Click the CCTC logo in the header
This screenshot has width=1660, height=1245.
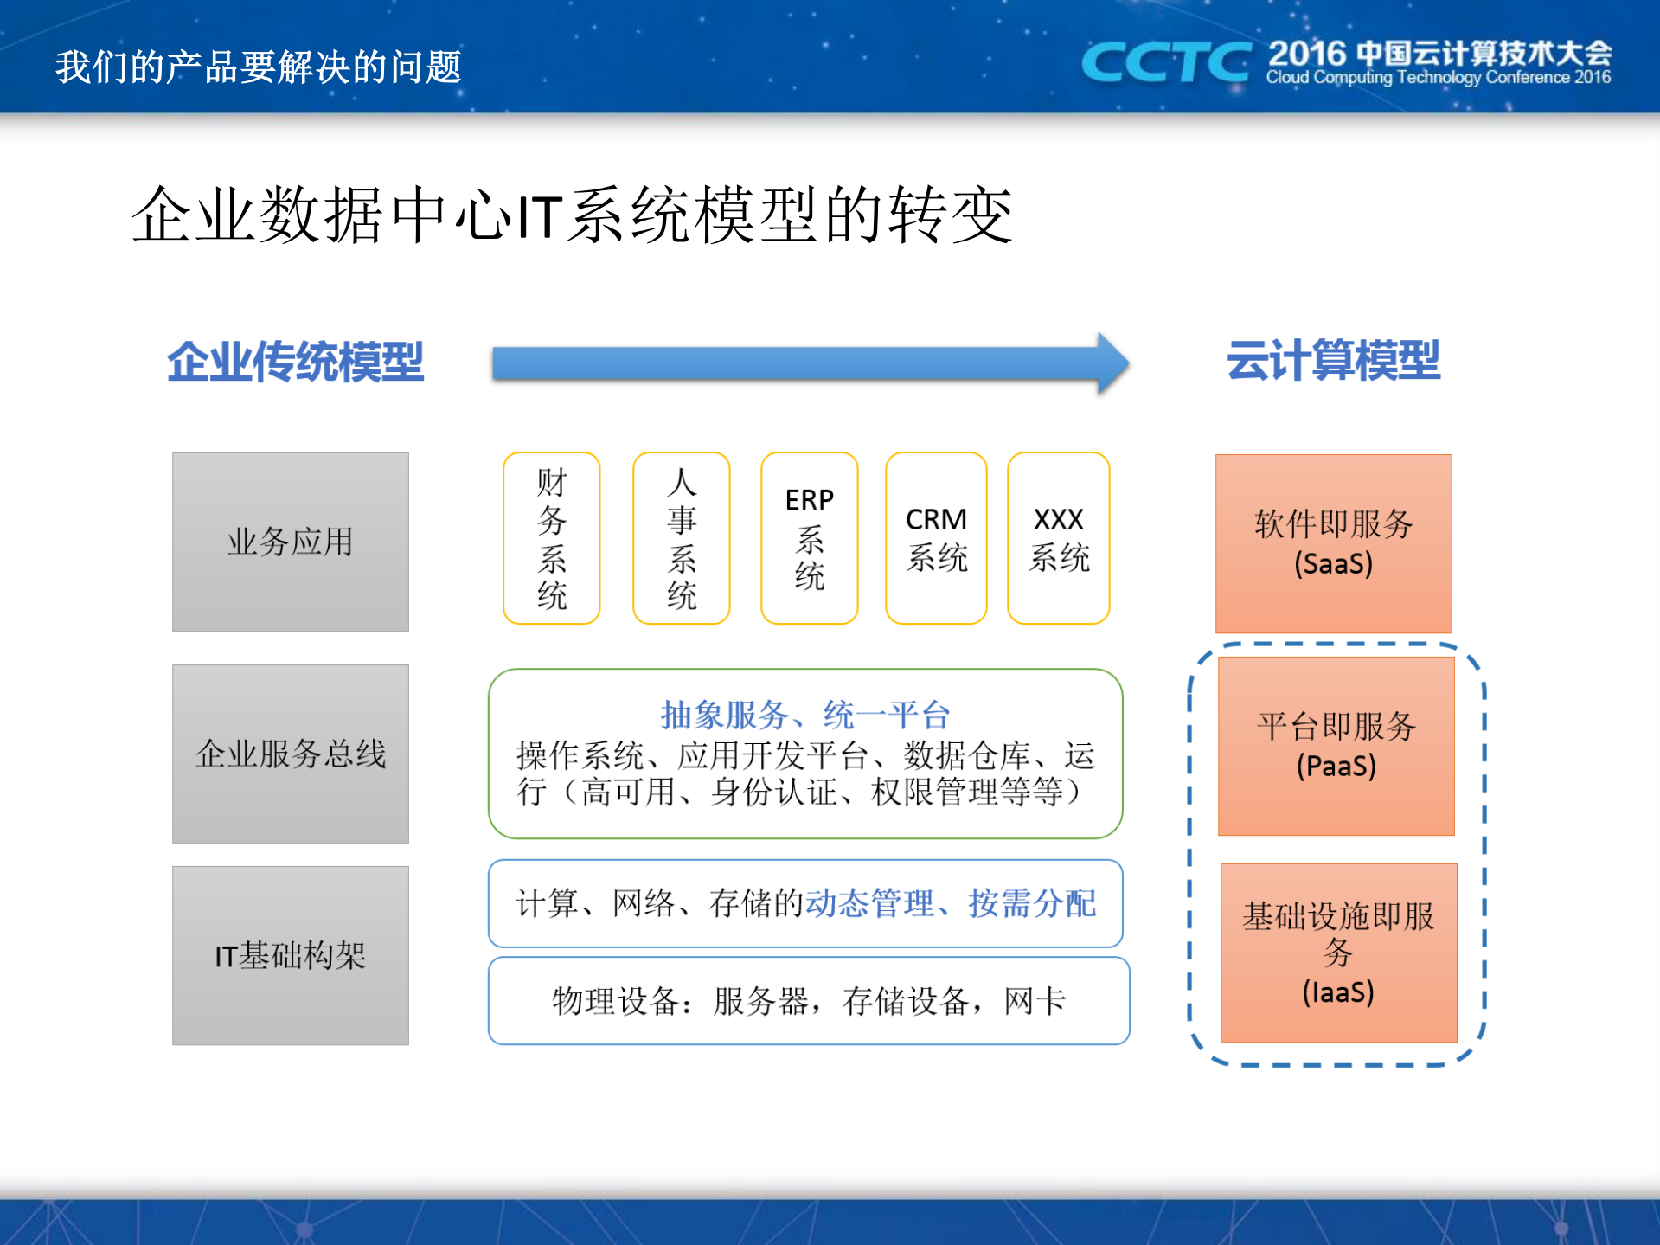coord(1165,62)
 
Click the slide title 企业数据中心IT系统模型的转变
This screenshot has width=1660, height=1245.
coord(571,215)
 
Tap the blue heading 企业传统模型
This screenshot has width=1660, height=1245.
coord(295,362)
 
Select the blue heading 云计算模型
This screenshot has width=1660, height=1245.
coord(1333,360)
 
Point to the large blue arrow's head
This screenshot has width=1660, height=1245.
coord(1112,363)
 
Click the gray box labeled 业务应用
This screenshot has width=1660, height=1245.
coord(291,542)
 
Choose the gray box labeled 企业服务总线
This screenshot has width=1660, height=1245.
coord(291,754)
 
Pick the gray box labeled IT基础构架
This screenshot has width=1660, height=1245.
coord(291,955)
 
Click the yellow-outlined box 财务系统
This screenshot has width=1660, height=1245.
coord(552,537)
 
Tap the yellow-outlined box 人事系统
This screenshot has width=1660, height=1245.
coord(682,537)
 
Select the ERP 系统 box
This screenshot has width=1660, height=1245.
coord(810,537)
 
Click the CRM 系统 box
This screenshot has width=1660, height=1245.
coord(936,537)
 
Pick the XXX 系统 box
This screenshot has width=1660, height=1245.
coord(1059,537)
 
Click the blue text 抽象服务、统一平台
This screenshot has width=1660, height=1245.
coord(805,715)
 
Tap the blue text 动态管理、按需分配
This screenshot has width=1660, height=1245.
coord(951,903)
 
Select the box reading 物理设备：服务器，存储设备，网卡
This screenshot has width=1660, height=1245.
coord(809,1001)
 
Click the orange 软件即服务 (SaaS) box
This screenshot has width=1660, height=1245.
coord(1333,543)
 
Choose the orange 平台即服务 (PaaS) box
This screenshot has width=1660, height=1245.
coord(1336,746)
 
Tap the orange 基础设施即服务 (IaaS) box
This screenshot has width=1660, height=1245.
coord(1338,953)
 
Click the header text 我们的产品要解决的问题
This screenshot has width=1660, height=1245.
coord(259,67)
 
